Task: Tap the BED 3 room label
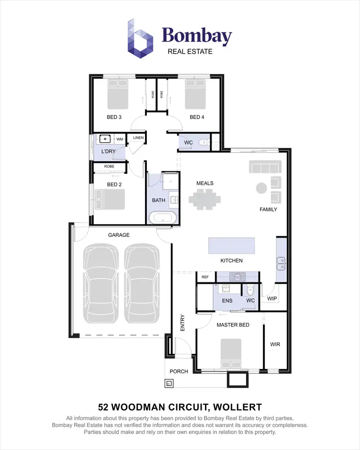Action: [114, 117]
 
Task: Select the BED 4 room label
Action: [197, 117]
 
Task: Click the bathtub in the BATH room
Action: [162, 218]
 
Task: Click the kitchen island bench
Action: [232, 245]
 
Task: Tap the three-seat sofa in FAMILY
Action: [264, 167]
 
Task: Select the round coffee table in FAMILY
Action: [262, 188]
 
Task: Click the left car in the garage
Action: [100, 283]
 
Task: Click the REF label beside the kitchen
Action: [205, 277]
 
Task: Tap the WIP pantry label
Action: [272, 299]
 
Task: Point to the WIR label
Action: [275, 344]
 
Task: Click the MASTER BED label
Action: [233, 325]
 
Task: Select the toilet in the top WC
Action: [204, 142]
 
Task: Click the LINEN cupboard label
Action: [138, 138]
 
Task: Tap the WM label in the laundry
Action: [119, 139]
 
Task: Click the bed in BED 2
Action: [110, 199]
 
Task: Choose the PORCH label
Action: [179, 371]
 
